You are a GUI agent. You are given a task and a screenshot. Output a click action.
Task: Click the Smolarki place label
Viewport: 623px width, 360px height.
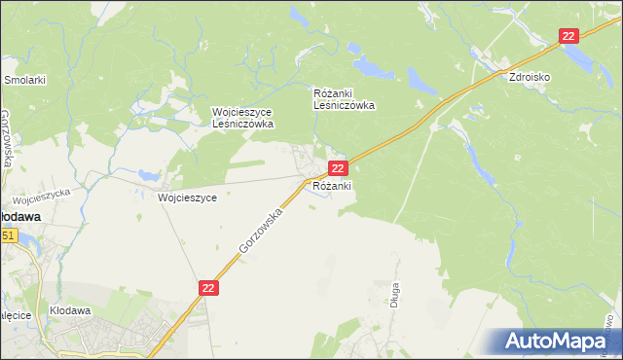26,81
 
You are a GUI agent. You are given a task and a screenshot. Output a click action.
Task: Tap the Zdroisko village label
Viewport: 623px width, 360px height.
531,76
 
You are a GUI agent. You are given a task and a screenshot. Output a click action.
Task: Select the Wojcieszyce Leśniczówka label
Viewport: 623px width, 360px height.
243,118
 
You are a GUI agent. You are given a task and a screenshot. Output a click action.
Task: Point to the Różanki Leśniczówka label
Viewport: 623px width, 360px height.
344,99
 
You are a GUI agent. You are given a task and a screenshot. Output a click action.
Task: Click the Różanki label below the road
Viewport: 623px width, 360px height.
332,185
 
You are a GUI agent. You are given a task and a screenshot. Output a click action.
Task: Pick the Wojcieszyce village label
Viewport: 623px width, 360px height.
187,196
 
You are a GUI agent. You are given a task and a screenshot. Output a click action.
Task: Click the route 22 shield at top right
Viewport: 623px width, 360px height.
569,36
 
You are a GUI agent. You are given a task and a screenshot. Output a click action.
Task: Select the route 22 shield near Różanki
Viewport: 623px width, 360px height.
337,168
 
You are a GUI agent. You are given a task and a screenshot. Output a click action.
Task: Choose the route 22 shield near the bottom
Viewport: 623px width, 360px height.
210,288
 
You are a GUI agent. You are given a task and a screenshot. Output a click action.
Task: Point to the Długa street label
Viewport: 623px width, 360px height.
396,292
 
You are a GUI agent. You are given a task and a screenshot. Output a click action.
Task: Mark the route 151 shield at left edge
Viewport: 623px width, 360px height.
8,235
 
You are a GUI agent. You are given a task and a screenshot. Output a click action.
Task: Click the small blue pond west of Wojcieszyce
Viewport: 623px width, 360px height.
149,176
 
